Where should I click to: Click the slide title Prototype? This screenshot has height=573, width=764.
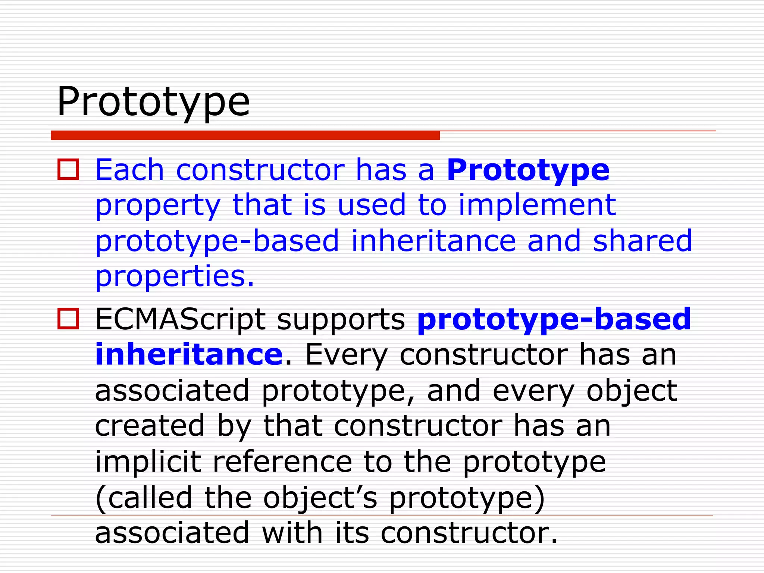point(153,101)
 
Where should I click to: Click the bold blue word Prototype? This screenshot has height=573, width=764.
point(528,170)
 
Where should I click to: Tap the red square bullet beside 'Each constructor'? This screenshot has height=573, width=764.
point(68,169)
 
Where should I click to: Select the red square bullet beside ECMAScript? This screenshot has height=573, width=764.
point(68,319)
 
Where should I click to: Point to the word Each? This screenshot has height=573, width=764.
point(129,170)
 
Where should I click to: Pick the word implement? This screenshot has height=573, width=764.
point(537,205)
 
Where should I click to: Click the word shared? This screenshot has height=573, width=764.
point(642,241)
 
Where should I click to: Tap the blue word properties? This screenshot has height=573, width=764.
point(174,276)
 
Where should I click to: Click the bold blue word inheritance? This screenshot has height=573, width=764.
point(189,354)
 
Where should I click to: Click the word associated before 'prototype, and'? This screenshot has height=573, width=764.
point(172,391)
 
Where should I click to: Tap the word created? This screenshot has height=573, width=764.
point(150,426)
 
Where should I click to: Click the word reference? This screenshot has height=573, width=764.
point(282,461)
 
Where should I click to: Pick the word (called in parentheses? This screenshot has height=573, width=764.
point(144,498)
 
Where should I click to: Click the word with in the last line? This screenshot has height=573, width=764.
point(292,533)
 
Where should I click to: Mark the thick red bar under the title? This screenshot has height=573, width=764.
point(245,135)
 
